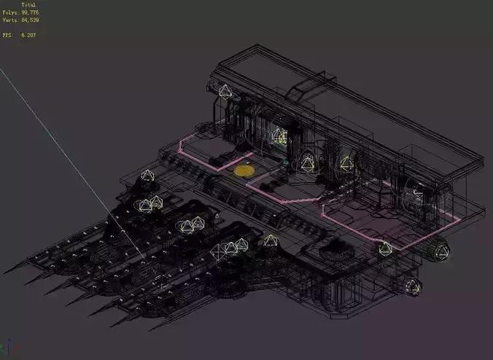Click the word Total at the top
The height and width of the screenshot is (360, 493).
[28, 4]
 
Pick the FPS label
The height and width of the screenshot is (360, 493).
[7, 34]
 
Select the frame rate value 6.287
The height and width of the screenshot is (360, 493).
[28, 34]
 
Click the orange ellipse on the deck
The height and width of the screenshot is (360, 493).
[244, 171]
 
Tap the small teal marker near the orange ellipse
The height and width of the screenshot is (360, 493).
[286, 161]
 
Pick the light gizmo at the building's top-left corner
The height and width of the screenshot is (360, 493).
[226, 92]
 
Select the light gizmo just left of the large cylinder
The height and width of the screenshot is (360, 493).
[385, 248]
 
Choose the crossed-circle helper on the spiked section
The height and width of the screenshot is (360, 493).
[218, 251]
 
